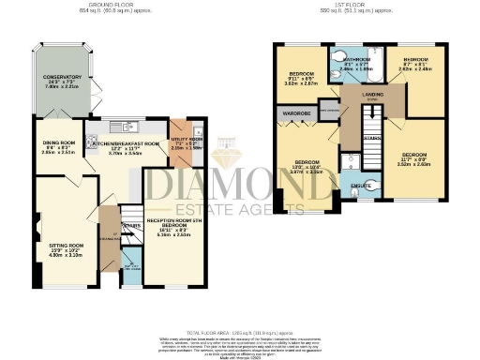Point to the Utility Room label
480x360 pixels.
coord(187,140)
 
